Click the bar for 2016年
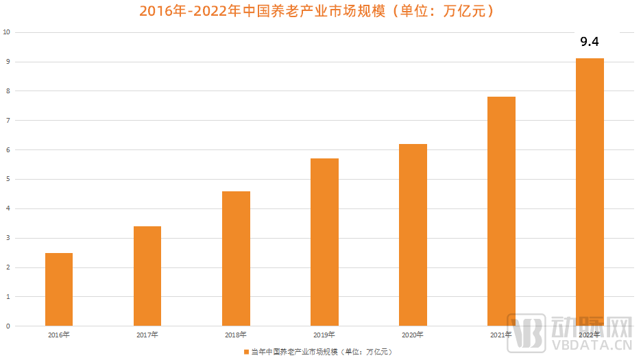point(59,289)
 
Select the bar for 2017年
point(147,276)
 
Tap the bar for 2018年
point(236,259)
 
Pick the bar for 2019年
point(324,242)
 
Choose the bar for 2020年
point(413,235)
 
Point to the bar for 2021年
point(501,211)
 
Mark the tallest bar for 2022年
point(590,192)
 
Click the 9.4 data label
point(590,42)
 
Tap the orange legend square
point(246,352)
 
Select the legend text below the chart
point(321,352)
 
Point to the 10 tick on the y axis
point(6,32)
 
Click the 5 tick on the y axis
point(8,179)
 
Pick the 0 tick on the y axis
point(8,326)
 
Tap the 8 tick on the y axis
point(8,91)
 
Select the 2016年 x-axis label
point(59,335)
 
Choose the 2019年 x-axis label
point(324,335)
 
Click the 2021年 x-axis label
point(501,335)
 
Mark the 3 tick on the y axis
point(8,238)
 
